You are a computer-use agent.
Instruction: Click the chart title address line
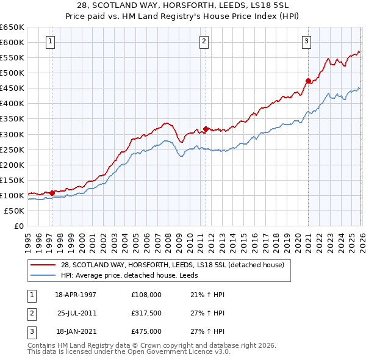(183, 5)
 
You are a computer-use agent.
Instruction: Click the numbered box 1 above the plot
(50, 41)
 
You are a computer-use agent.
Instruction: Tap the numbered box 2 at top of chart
(204, 41)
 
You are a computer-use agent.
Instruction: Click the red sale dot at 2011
(206, 128)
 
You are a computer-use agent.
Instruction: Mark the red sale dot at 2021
(308, 80)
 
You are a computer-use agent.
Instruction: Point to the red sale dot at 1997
(52, 193)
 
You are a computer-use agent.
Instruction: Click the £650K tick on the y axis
(12, 27)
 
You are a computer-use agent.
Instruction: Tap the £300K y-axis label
(12, 134)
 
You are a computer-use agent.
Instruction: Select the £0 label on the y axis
(18, 226)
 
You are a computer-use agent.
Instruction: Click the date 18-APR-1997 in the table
(76, 295)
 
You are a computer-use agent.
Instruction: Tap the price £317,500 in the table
(146, 313)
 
